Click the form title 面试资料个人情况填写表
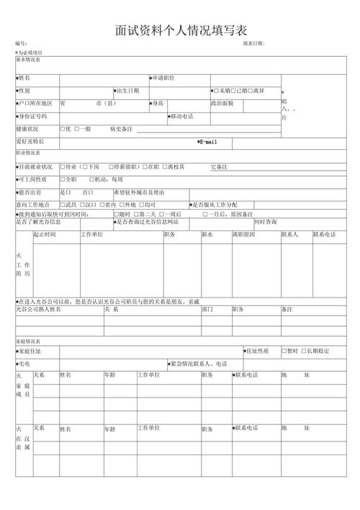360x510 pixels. tap(180, 30)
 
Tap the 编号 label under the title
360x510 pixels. tap(21, 44)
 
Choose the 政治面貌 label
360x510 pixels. tap(222, 104)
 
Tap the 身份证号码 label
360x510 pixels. tap(33, 116)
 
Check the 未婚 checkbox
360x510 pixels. tap(215, 91)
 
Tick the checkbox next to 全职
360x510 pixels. tap(62, 179)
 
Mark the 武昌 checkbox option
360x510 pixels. tap(62, 205)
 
